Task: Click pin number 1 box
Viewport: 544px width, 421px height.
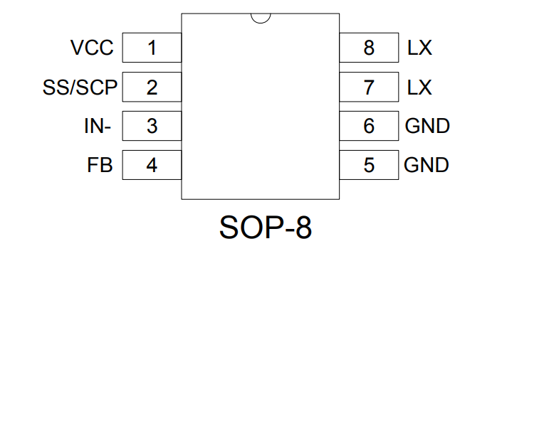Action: point(152,48)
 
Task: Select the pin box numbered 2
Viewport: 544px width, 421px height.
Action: point(152,87)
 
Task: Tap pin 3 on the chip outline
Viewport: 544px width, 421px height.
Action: point(152,126)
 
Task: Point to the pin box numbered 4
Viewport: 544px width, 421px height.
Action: point(152,165)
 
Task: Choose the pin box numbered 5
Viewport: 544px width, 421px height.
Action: point(369,165)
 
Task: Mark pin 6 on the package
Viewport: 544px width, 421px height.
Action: point(369,126)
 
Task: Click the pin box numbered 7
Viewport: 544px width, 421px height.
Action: point(369,87)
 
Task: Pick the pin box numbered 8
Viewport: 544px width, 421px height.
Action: point(369,48)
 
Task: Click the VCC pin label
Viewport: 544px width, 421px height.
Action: point(92,48)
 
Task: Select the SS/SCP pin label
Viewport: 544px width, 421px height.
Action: point(80,87)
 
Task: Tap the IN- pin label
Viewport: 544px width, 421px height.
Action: point(98,127)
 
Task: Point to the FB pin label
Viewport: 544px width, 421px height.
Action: point(100,165)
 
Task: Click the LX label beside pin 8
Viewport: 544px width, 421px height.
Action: point(419,48)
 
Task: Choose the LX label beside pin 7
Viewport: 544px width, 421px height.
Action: point(419,87)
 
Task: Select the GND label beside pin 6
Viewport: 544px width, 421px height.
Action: point(427,126)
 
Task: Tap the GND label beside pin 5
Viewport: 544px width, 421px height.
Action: point(427,165)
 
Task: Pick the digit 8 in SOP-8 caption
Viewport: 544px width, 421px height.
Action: point(303,228)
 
